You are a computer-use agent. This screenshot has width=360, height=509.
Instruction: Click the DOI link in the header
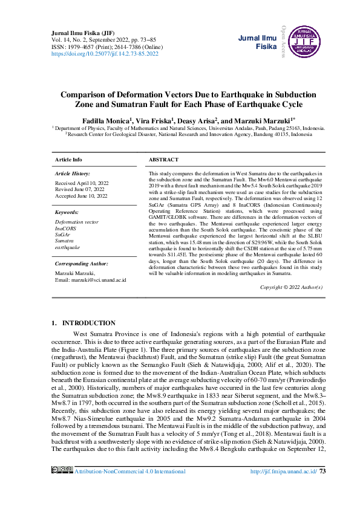tap(105, 54)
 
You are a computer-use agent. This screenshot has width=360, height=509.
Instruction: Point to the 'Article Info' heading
tap(68, 160)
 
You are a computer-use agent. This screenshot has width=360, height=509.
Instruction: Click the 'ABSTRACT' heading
tap(163, 160)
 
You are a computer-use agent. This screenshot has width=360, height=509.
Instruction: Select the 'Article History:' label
tap(73, 173)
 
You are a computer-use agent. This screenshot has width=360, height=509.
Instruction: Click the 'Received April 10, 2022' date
tap(82, 183)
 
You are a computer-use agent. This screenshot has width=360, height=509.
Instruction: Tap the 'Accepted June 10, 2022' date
tap(81, 196)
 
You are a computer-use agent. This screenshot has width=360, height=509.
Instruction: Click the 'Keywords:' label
tap(67, 213)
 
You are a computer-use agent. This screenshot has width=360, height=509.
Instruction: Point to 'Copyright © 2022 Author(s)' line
tap(291, 287)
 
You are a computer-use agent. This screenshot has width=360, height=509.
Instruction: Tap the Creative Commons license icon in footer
tap(63, 487)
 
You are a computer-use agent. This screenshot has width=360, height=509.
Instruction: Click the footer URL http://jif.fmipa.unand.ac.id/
tap(284, 487)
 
